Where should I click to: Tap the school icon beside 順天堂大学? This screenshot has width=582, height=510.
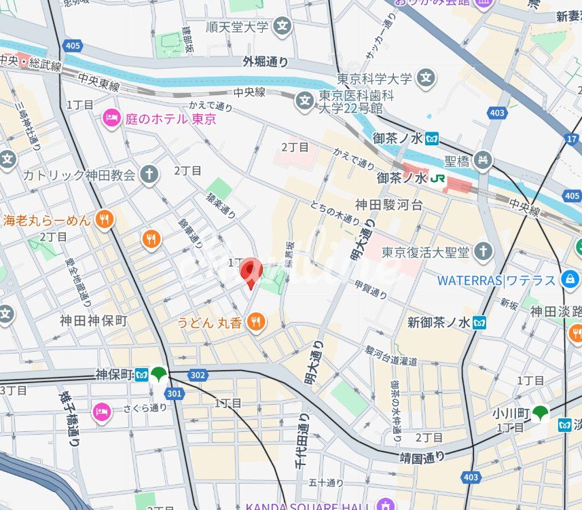point(283,27)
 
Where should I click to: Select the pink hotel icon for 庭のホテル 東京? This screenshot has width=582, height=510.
point(111,119)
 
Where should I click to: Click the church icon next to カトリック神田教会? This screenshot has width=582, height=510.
point(149,175)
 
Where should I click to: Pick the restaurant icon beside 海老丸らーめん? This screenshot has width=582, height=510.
point(104,219)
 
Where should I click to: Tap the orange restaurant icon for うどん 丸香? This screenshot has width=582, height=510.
point(256,322)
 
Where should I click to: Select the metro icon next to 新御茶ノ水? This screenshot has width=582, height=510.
point(480,323)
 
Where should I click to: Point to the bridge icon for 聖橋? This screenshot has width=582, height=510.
point(483,161)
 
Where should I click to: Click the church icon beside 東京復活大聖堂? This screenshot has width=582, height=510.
point(483,252)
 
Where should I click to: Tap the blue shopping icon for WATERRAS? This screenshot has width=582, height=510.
point(570,279)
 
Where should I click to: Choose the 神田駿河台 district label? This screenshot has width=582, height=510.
point(389,204)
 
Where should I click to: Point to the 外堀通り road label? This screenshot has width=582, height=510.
point(266,62)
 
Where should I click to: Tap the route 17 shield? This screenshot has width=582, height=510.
point(570,139)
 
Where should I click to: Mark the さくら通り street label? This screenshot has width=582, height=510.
point(145,407)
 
